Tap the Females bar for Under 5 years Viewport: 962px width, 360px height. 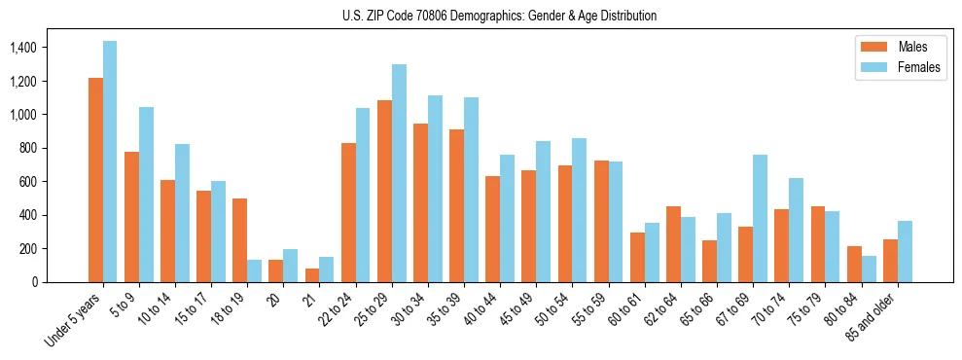[x=110, y=162]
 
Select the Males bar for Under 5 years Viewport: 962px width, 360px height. [x=95, y=180]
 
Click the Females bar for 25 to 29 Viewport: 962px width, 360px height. [x=399, y=173]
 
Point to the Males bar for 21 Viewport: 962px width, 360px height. [x=311, y=275]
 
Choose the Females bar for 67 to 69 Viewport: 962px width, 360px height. [x=760, y=218]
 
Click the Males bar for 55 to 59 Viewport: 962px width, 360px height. [x=601, y=221]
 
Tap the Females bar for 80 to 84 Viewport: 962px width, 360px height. [x=868, y=269]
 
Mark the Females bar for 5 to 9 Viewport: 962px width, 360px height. [x=146, y=195]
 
